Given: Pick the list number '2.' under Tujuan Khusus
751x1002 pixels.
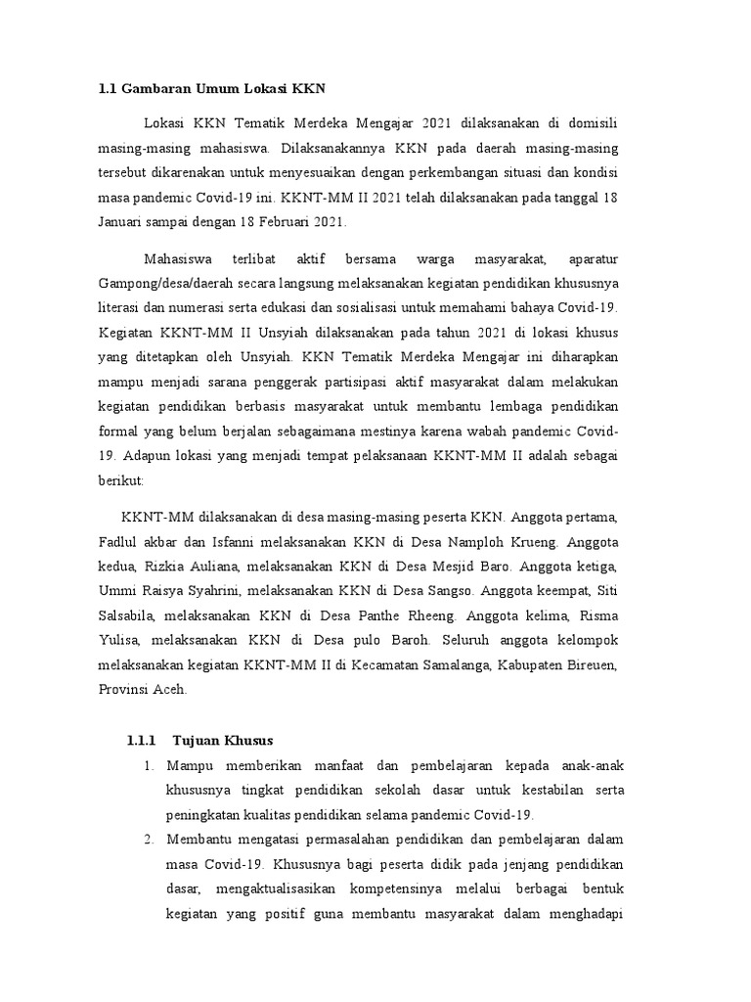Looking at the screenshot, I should (149, 840).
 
